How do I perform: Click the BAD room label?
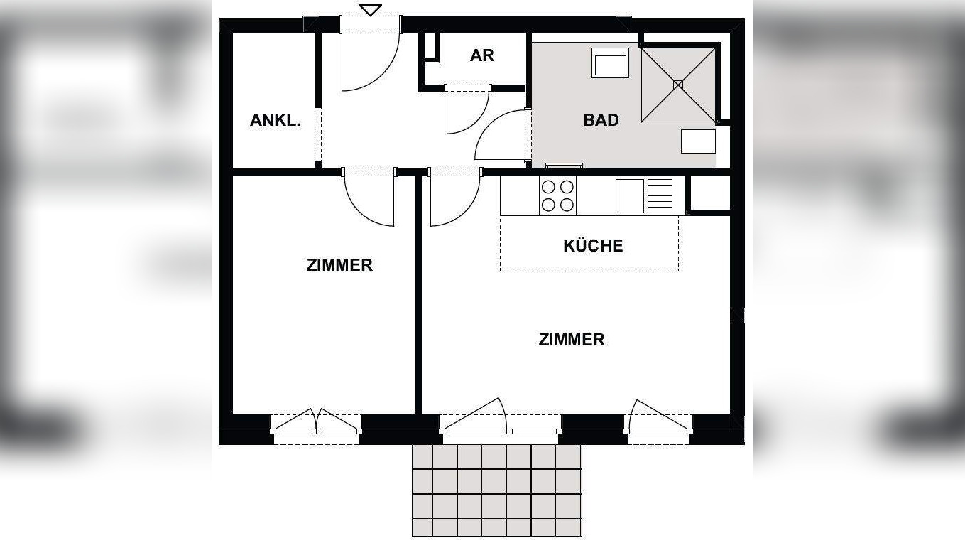coord(601,120)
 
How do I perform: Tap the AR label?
coord(482,55)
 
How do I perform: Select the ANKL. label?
coord(275,120)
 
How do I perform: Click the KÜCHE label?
coord(593,246)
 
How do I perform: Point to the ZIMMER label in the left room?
coord(339,265)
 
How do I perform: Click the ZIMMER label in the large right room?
coord(572,340)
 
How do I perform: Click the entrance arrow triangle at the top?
coord(370,9)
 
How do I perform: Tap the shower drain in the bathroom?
coord(677,85)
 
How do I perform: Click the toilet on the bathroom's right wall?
coord(699,141)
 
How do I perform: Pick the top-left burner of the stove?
coord(548,188)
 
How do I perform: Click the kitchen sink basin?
coord(629,195)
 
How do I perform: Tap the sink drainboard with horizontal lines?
coord(660,195)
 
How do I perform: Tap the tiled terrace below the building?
coord(497,490)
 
